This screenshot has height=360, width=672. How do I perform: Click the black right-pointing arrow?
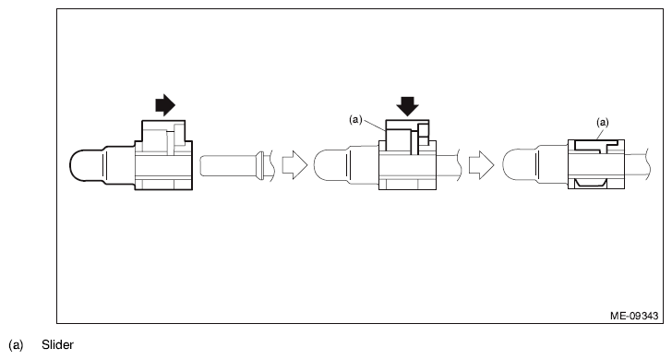tap(165, 104)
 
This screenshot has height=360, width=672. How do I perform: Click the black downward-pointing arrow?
tap(407, 106)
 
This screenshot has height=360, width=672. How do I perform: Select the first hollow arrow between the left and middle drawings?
tap(294, 164)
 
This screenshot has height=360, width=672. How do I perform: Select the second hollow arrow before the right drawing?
tap(481, 164)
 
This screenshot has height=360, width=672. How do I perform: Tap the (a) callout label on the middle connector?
tap(355, 120)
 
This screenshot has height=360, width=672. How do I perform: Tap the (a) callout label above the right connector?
tap(603, 123)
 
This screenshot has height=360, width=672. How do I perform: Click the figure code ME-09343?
tap(634, 316)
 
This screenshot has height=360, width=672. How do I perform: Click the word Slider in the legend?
tap(57, 344)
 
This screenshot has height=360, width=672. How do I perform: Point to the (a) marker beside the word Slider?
tap(16, 345)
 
